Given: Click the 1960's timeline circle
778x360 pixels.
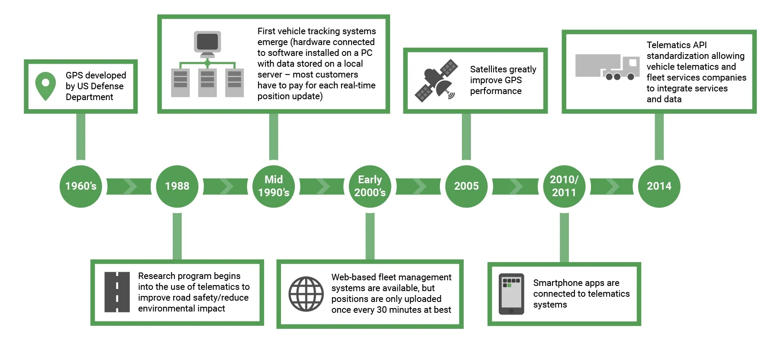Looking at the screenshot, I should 81,186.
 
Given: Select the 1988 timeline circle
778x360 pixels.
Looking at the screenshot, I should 177,186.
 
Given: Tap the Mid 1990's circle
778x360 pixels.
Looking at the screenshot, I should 274,186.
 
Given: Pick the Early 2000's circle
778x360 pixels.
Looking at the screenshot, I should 370,186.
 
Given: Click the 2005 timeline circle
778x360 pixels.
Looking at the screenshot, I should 466,186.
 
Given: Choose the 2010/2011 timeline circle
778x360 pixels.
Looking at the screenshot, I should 564,186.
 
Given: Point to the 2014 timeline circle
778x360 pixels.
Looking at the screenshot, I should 659,186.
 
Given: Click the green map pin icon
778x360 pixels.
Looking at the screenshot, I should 45,86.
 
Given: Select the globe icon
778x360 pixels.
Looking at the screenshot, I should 306,294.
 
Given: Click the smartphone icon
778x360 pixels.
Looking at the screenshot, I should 511,294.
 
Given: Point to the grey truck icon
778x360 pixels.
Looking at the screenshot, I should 607,67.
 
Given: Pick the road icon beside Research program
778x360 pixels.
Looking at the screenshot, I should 117,292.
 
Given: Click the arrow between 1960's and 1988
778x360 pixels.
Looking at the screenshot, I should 129,186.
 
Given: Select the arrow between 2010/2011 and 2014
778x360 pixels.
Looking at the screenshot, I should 611,186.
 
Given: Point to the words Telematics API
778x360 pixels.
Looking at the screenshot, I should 676,45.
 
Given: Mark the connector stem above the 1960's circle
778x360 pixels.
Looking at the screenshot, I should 81,136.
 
